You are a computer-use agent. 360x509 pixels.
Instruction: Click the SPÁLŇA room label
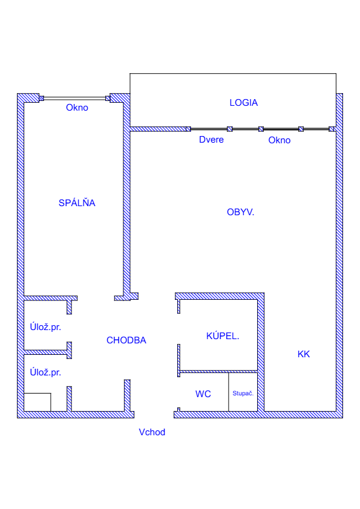77,203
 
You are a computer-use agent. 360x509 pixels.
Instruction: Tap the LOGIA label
244,103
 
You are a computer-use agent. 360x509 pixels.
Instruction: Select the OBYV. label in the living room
240,212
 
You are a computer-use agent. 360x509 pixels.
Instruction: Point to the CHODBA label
126,340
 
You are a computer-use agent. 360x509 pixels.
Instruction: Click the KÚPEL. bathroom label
223,336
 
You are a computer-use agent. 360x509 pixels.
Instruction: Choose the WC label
203,394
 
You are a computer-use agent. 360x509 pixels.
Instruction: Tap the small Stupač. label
243,393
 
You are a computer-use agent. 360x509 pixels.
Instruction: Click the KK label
304,354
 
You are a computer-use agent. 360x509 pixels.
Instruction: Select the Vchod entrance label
152,432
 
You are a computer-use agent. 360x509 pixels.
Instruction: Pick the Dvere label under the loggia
211,140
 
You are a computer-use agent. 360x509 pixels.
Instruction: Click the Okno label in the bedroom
77,108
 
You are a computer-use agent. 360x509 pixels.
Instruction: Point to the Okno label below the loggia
280,140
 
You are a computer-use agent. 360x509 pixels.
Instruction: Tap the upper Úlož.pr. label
45,327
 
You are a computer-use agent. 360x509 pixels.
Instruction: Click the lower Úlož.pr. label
45,372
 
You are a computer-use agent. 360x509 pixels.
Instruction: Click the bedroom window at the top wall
75,98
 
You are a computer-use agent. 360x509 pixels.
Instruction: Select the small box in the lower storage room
38,402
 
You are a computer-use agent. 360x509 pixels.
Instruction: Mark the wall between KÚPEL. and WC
218,371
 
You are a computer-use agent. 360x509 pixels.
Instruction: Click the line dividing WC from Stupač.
229,392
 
